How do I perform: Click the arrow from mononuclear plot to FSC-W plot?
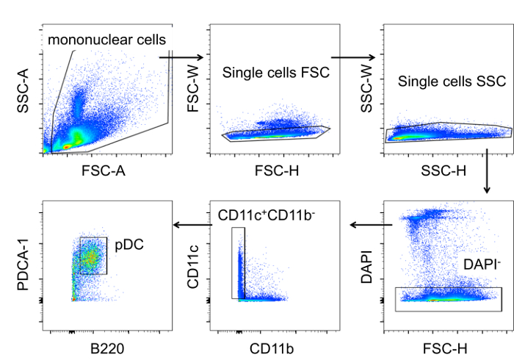coord(180,56)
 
